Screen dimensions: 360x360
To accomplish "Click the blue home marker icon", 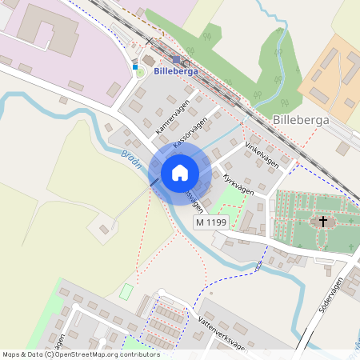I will point(180,173).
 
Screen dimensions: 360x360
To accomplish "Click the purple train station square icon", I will point(176,59).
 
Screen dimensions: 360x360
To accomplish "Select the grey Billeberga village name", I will point(302,120).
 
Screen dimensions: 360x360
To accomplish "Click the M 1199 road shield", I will point(211,222).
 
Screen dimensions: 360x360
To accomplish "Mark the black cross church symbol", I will point(323,221).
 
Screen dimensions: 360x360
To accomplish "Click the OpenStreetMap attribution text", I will point(80,354).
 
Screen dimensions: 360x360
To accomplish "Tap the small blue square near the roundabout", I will point(135,67).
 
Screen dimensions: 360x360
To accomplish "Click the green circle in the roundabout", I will point(141,73).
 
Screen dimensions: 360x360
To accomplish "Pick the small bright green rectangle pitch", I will point(125,292).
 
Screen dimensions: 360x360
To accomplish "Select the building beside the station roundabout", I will point(149,61).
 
